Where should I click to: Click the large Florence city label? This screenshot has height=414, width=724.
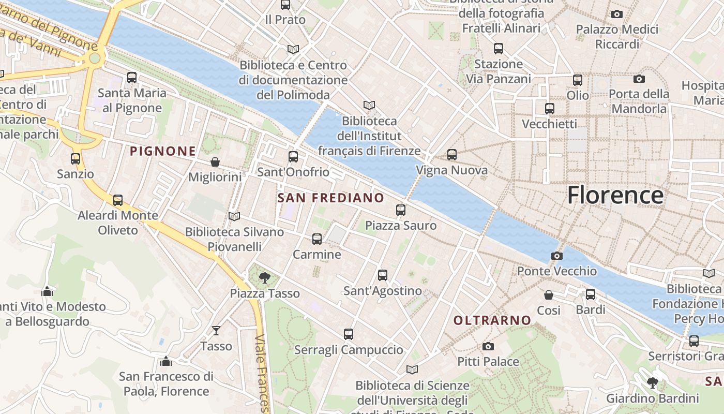click(x=615, y=196)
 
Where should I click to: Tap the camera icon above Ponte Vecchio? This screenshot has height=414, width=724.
click(x=557, y=256)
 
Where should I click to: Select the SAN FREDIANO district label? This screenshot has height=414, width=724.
click(x=331, y=198)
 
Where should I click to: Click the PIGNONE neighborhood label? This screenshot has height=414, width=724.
click(x=163, y=151)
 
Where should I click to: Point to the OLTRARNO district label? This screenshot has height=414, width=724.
click(x=492, y=320)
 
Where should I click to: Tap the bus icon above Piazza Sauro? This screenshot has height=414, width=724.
click(x=401, y=210)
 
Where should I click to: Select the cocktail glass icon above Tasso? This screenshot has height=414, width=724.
click(x=216, y=330)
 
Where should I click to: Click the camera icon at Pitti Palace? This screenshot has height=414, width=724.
click(x=488, y=346)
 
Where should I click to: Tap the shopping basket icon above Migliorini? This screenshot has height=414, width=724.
click(x=215, y=162)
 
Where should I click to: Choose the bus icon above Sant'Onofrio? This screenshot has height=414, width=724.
click(x=293, y=156)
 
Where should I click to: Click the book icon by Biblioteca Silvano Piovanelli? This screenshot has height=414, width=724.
click(x=234, y=216)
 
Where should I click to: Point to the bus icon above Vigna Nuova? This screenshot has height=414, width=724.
click(x=452, y=154)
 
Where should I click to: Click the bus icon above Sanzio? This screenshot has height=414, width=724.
click(x=76, y=158)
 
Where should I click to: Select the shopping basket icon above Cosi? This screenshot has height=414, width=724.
click(x=549, y=295)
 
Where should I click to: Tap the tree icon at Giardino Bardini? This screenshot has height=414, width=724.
click(x=653, y=383)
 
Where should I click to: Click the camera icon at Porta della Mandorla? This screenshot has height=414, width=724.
click(x=639, y=79)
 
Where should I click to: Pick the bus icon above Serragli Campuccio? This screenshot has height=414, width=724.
click(x=349, y=334)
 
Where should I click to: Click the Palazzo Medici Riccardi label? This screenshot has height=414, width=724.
click(x=617, y=37)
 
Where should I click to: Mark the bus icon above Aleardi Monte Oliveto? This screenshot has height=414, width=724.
click(x=118, y=200)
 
